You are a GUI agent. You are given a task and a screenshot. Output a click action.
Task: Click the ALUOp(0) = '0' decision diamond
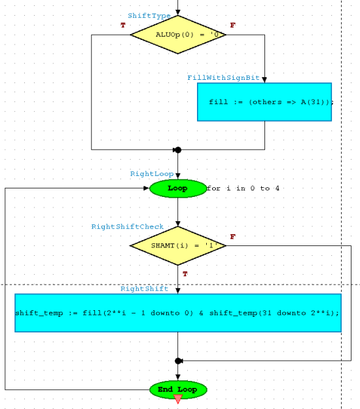click(178, 35)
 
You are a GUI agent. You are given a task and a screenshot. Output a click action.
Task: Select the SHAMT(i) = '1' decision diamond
click(178, 245)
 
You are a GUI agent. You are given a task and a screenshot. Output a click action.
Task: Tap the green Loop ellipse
click(178, 188)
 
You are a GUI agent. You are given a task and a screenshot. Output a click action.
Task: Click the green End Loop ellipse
click(178, 390)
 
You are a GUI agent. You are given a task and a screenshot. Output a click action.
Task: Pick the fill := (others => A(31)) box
click(264, 102)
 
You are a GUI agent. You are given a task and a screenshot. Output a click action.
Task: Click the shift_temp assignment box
click(178, 313)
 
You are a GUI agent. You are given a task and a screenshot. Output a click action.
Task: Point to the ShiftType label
click(149, 16)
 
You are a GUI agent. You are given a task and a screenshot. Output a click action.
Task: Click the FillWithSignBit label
click(223, 78)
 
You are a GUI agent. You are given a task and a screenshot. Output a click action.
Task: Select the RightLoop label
click(152, 174)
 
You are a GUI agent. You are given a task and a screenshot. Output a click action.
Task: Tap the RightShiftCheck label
click(127, 226)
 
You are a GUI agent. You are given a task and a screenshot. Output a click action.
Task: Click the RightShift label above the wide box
click(144, 289)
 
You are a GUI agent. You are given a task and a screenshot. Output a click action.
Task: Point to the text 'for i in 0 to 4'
click(243, 188)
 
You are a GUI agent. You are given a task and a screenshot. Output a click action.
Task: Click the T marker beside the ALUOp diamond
click(123, 26)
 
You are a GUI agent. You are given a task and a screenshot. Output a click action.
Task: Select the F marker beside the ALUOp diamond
click(233, 26)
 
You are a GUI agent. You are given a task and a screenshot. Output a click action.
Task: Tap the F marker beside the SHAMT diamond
click(233, 237)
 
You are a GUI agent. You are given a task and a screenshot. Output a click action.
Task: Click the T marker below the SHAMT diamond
click(185, 274)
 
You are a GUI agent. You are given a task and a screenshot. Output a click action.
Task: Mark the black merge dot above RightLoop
click(178, 150)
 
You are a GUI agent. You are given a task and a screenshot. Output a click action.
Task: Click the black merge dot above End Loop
click(178, 361)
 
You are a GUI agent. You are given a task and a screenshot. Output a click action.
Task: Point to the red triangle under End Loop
click(178, 399)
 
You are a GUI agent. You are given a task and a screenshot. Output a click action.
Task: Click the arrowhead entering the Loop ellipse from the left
click(146, 188)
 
